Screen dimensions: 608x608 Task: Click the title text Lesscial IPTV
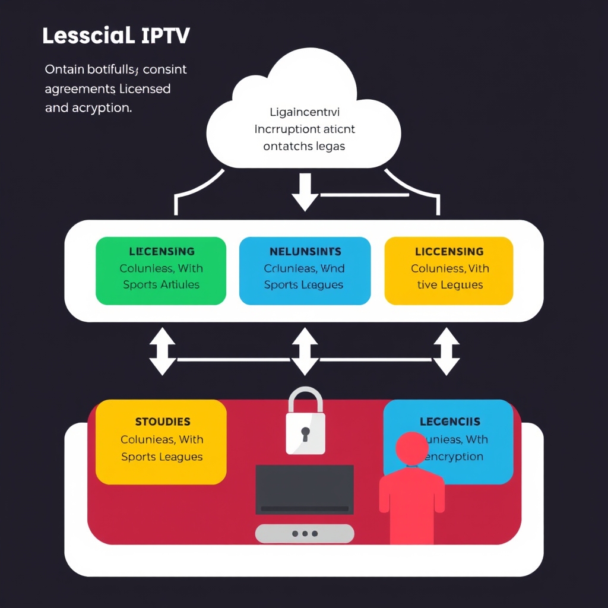click(116, 36)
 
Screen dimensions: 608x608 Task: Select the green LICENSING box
click(161, 271)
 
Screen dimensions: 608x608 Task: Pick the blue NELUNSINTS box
click(304, 271)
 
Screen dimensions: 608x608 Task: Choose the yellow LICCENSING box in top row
click(449, 271)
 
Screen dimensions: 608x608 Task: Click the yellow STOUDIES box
click(161, 442)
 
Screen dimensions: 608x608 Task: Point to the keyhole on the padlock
click(305, 433)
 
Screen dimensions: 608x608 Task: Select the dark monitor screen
click(305, 488)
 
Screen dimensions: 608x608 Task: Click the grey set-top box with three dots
click(305, 533)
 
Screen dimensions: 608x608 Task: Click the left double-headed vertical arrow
click(162, 351)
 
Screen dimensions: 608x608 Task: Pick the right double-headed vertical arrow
click(446, 351)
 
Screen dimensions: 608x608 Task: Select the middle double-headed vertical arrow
click(305, 351)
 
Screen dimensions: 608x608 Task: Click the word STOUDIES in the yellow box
click(163, 422)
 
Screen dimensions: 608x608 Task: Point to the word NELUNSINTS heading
click(305, 252)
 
